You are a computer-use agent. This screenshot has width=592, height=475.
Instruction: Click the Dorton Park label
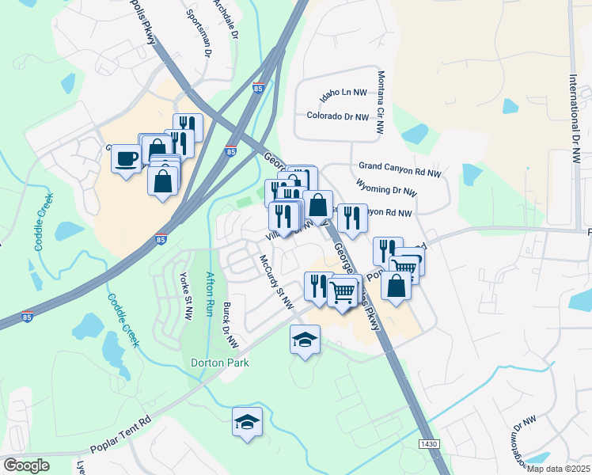point(220,363)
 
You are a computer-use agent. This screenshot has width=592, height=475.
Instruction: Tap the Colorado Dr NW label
point(338,116)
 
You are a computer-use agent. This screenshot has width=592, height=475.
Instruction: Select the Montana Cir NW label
point(381,101)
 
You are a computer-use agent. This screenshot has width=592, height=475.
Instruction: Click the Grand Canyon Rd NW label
point(400,167)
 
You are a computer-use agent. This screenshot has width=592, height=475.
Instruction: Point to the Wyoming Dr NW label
point(387,190)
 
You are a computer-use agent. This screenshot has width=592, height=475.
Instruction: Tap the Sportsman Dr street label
point(199,33)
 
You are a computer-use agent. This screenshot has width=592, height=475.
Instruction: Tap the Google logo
point(26,465)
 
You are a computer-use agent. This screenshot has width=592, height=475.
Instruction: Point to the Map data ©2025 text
point(559,468)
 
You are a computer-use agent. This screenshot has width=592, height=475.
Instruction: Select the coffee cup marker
point(126,159)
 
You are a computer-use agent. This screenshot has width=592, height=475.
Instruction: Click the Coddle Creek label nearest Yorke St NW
point(122,321)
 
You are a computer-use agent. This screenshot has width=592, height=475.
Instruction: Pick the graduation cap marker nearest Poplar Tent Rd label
point(248,423)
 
